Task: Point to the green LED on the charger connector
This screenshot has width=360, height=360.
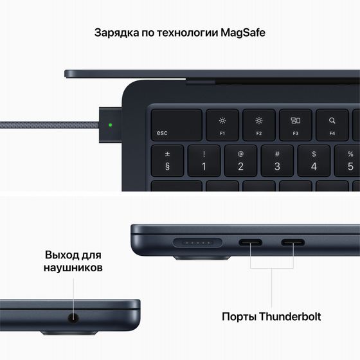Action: tap(111, 125)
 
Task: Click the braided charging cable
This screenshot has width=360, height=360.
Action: tap(45, 123)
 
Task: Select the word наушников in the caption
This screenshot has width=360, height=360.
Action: tap(73, 267)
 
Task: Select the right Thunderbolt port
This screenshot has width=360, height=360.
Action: tap(292, 244)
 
